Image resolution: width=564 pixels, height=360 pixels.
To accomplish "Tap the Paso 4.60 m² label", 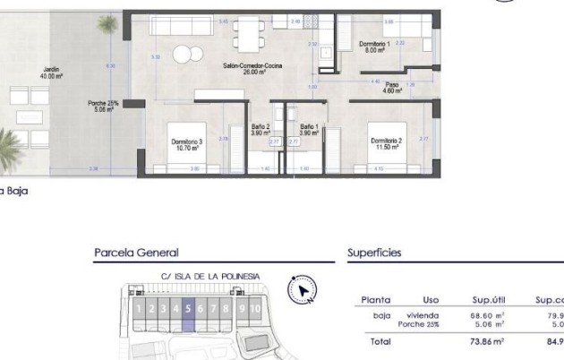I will pyautogui.click(x=392, y=88).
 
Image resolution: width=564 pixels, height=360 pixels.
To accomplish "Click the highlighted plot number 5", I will pyautogui.click(x=188, y=309).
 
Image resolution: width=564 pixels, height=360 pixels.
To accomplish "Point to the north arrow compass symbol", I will pyautogui.click(x=303, y=290).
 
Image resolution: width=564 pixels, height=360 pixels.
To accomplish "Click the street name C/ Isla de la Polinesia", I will pyautogui.click(x=210, y=277).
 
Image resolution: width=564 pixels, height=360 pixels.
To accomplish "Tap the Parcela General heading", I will pyautogui.click(x=136, y=253).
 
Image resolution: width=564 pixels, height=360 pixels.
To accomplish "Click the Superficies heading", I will pyautogui.click(x=374, y=253).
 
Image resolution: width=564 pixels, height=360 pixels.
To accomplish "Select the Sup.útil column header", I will pyautogui.click(x=490, y=300).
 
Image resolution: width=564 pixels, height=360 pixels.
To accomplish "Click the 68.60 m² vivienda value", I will pyautogui.click(x=489, y=315).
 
